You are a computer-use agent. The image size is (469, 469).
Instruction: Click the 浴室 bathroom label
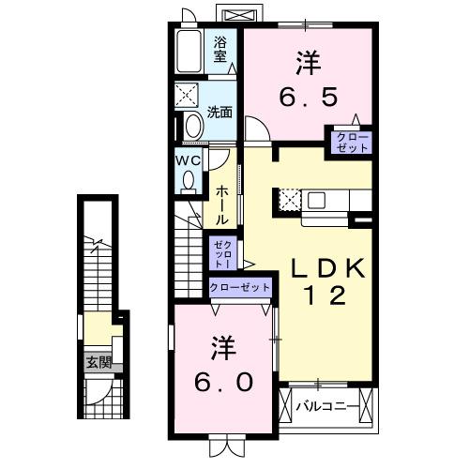(x=220, y=49)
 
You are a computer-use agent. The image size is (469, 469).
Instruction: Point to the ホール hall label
(x=222, y=204)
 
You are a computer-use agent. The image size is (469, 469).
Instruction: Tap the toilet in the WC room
(x=191, y=179)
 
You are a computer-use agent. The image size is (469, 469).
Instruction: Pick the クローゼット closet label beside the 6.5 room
(x=348, y=142)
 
